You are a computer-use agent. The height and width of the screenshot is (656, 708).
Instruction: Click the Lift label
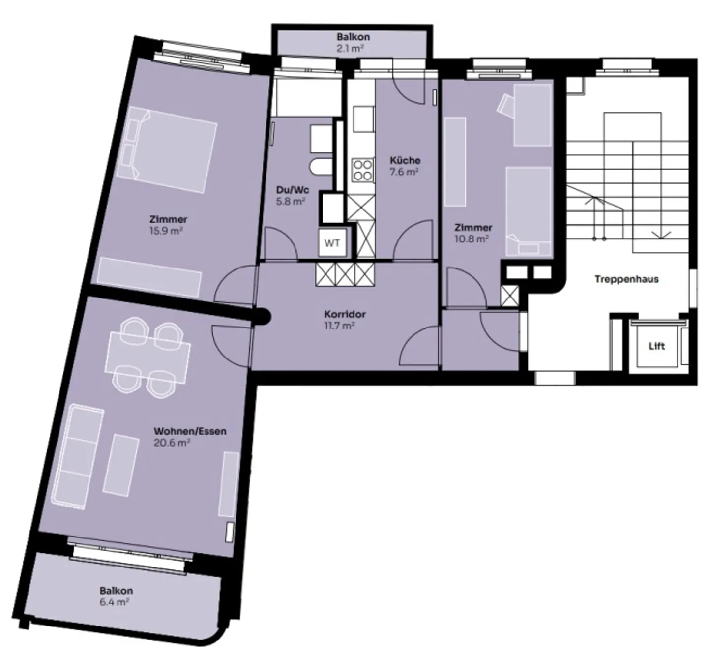(x=656, y=346)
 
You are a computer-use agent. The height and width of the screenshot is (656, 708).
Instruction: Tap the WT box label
(x=332, y=243)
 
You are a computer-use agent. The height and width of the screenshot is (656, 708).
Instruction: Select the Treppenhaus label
(x=626, y=279)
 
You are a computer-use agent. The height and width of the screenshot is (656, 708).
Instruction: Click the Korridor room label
(x=345, y=314)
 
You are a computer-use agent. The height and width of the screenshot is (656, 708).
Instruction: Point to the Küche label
(x=405, y=160)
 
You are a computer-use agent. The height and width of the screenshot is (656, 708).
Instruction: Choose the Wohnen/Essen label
(x=190, y=431)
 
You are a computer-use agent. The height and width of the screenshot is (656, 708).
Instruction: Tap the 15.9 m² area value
(x=166, y=231)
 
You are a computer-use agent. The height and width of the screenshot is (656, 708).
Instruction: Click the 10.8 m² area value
(x=472, y=239)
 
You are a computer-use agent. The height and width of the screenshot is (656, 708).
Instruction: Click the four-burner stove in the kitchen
(x=362, y=170)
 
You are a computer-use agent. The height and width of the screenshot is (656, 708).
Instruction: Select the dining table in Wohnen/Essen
(x=148, y=353)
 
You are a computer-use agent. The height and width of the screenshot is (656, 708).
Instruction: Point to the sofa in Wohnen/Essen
(x=79, y=455)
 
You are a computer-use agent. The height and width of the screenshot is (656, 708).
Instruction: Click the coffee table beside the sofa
(x=120, y=465)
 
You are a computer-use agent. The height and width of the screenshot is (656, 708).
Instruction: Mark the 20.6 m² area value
(x=172, y=443)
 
